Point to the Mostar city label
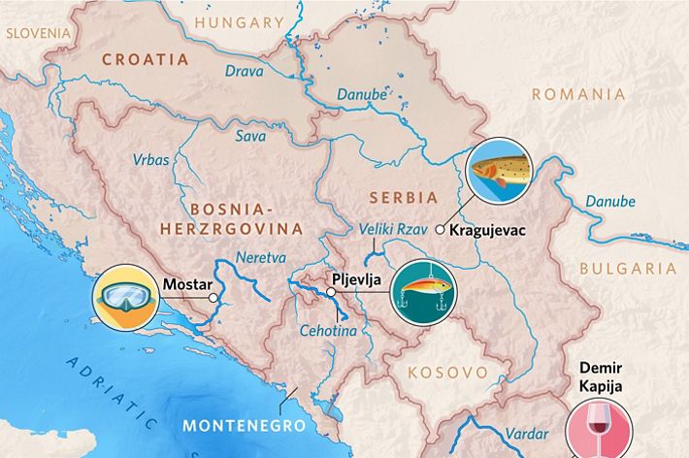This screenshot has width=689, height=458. point(185,285)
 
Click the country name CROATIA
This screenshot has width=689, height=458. point(145,59)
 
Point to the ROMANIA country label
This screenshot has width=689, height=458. point(578,94)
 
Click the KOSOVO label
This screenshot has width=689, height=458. point(446,372)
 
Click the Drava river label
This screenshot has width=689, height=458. point(244,71)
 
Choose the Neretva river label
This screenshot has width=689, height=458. point(260,258)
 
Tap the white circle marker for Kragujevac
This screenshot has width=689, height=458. point(440,230)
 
